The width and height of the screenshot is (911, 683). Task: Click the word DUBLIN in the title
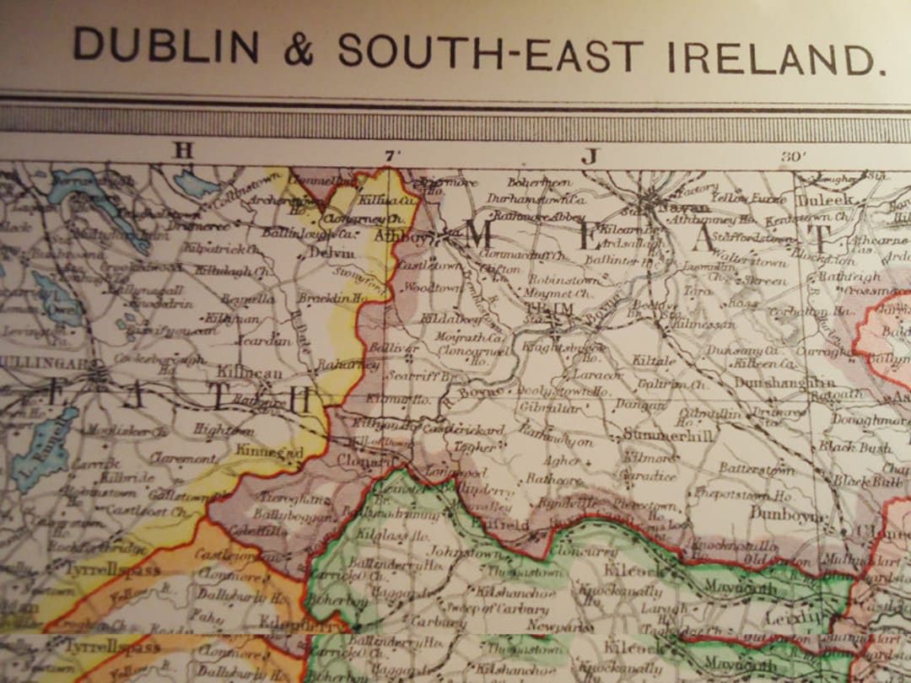click(x=165, y=45)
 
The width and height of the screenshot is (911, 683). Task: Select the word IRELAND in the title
click(x=772, y=57)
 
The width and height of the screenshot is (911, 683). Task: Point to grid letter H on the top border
click(x=183, y=150)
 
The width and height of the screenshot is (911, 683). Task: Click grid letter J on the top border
click(x=589, y=156)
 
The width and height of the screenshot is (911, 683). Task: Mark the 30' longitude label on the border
click(x=795, y=157)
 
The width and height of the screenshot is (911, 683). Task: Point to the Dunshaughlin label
click(x=784, y=383)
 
